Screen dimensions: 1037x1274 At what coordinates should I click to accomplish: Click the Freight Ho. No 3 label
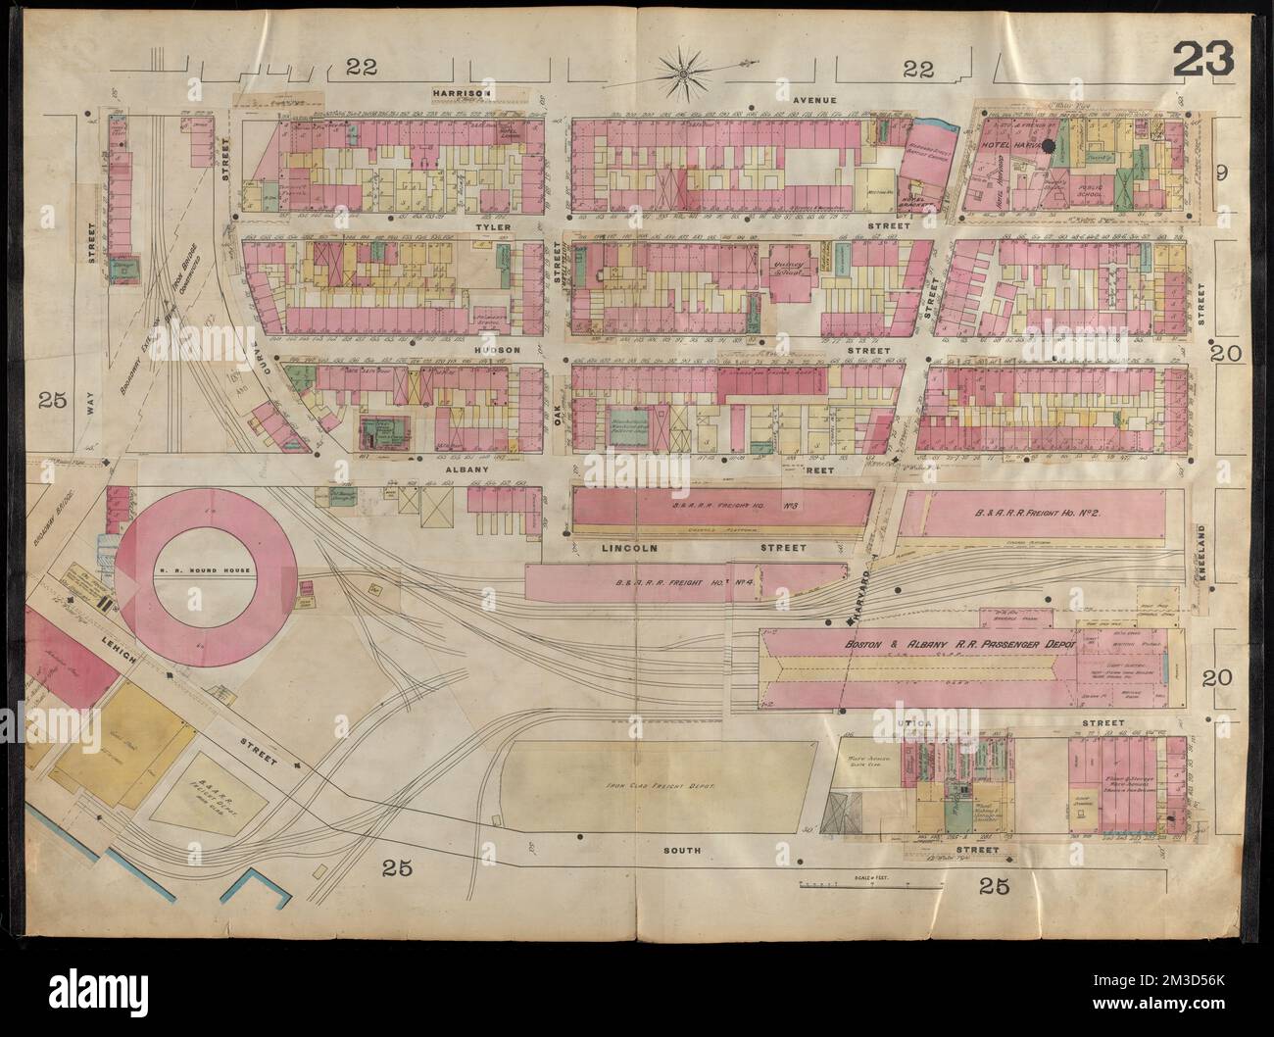723,508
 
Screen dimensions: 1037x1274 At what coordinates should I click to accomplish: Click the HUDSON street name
496,349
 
